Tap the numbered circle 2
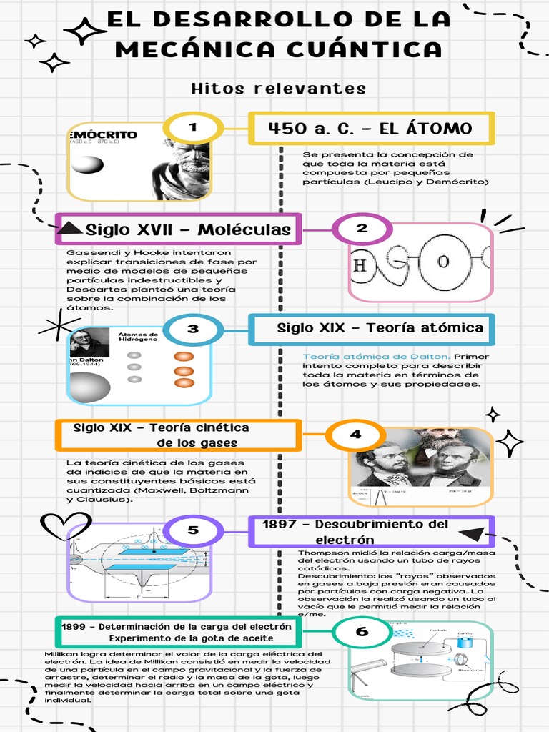[x=362, y=229]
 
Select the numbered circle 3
[x=193, y=330]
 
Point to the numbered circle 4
[x=355, y=435]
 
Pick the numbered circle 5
[x=193, y=530]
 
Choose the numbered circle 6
[x=362, y=632]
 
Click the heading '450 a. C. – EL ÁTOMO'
[x=370, y=129]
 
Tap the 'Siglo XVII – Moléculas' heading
[x=188, y=229]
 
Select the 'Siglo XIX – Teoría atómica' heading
[x=380, y=328]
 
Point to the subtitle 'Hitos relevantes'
[x=279, y=89]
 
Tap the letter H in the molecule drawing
[x=361, y=266]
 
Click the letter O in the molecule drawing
[x=443, y=262]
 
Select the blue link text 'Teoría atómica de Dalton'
[x=376, y=356]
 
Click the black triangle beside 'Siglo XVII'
[x=69, y=228]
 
